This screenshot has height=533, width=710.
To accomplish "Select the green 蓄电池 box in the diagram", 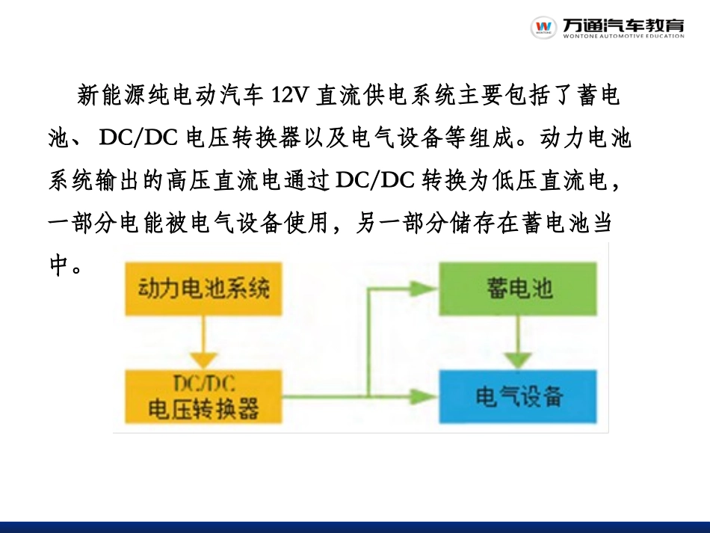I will click(519, 288).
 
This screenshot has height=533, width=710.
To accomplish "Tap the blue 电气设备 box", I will click(519, 396).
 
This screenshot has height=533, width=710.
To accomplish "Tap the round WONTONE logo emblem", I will click(543, 28).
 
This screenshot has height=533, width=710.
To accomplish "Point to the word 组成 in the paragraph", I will click(490, 138).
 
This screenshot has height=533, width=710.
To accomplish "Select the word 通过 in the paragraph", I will click(311, 180).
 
